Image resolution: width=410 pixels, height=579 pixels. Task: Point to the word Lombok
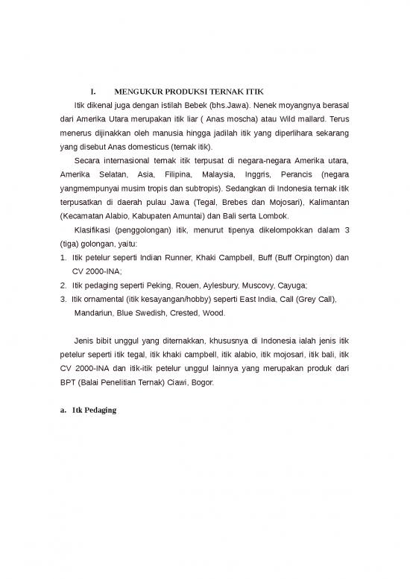[271, 217]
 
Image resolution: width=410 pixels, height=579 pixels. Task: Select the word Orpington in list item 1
[301, 258]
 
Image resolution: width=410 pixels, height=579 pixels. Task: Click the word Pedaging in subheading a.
[98, 411]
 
